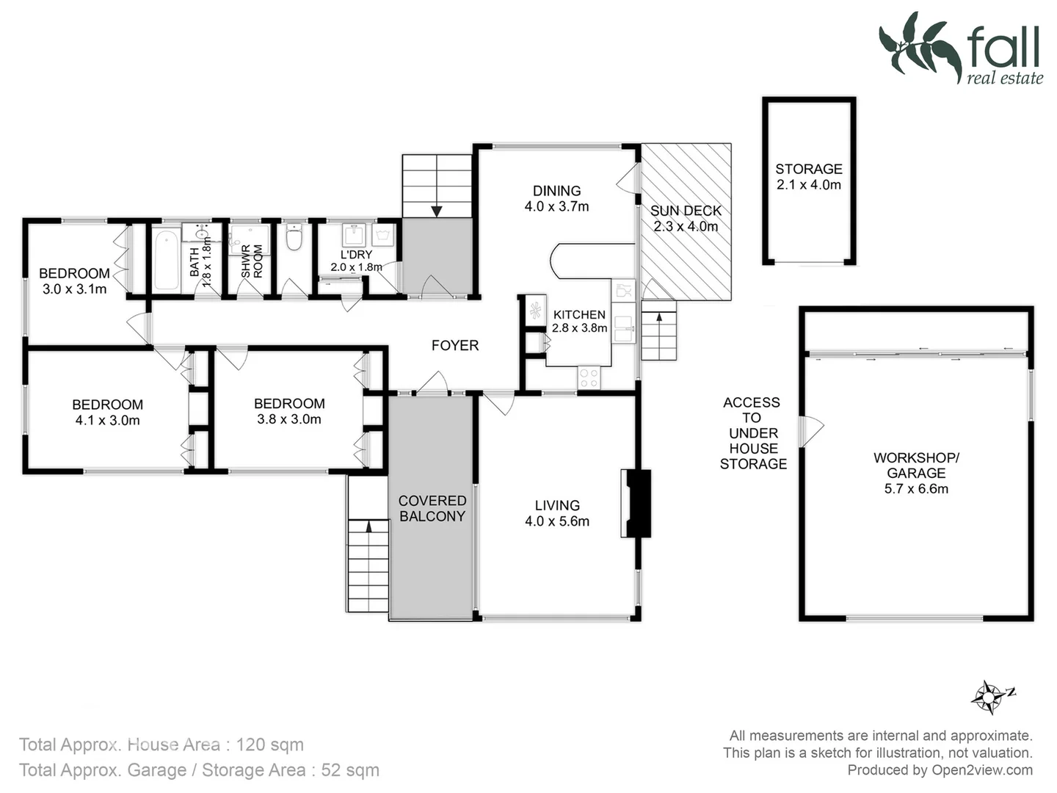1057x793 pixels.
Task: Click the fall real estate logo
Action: click(961, 48)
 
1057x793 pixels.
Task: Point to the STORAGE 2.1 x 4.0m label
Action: click(809, 177)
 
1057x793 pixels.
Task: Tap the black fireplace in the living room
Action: click(637, 504)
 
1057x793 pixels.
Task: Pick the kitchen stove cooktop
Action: click(589, 377)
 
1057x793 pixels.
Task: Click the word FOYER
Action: click(455, 345)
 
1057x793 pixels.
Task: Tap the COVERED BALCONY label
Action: click(432, 508)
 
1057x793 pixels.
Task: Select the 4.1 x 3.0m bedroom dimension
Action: click(107, 421)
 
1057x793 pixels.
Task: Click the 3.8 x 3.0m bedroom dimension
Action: click(289, 419)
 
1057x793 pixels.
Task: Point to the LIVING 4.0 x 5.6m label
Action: click(557, 513)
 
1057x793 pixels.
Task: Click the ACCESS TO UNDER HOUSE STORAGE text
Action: click(752, 433)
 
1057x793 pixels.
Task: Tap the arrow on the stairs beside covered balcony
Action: click(368, 525)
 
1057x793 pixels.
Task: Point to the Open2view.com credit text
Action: click(981, 770)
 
